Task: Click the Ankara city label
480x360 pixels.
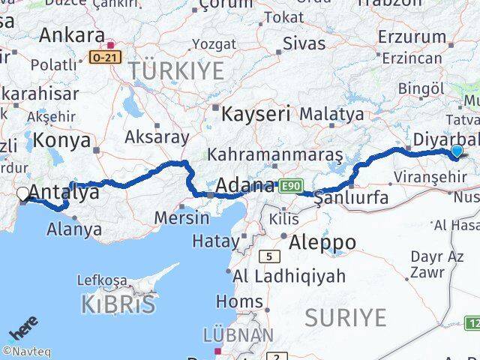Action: [71, 34]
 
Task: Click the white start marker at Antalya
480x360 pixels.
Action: [23, 194]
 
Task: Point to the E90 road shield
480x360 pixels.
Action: [290, 185]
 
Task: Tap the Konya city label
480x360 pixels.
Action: [62, 140]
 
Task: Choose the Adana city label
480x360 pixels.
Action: [245, 184]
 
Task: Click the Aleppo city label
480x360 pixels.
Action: [323, 241]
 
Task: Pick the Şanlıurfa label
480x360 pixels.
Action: [351, 198]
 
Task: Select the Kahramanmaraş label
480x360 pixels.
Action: [275, 155]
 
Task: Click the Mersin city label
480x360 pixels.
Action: [181, 217]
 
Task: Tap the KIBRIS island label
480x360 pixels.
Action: [118, 303]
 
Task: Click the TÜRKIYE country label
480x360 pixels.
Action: [176, 71]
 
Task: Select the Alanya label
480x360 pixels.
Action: [74, 229]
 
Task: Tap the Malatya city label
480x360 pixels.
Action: [331, 114]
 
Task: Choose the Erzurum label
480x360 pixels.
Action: [412, 36]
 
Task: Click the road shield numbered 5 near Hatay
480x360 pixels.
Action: [267, 256]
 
